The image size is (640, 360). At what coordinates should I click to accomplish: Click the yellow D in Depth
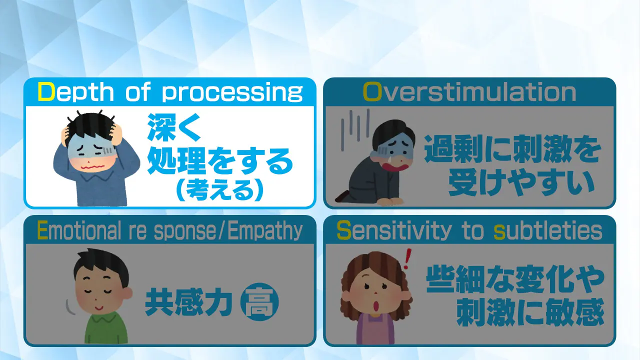point(46,92)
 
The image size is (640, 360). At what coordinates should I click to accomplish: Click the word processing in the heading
point(232,93)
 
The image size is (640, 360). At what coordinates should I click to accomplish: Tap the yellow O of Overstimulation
point(372,92)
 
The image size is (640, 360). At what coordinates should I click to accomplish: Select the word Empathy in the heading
point(265,231)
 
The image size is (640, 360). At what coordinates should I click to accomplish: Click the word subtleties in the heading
point(548,231)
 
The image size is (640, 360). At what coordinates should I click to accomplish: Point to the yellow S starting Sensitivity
point(344,231)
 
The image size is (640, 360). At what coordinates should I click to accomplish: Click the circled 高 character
point(259,301)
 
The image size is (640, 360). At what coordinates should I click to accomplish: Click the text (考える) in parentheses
point(220,190)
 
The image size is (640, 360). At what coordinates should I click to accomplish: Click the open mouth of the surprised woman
point(376,306)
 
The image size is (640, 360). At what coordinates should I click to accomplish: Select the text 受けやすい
point(521,183)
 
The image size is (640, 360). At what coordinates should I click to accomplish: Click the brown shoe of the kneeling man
point(342,197)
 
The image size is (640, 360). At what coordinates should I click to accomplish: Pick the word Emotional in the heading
point(79,231)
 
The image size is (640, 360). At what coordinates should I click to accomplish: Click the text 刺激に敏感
point(530,311)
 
